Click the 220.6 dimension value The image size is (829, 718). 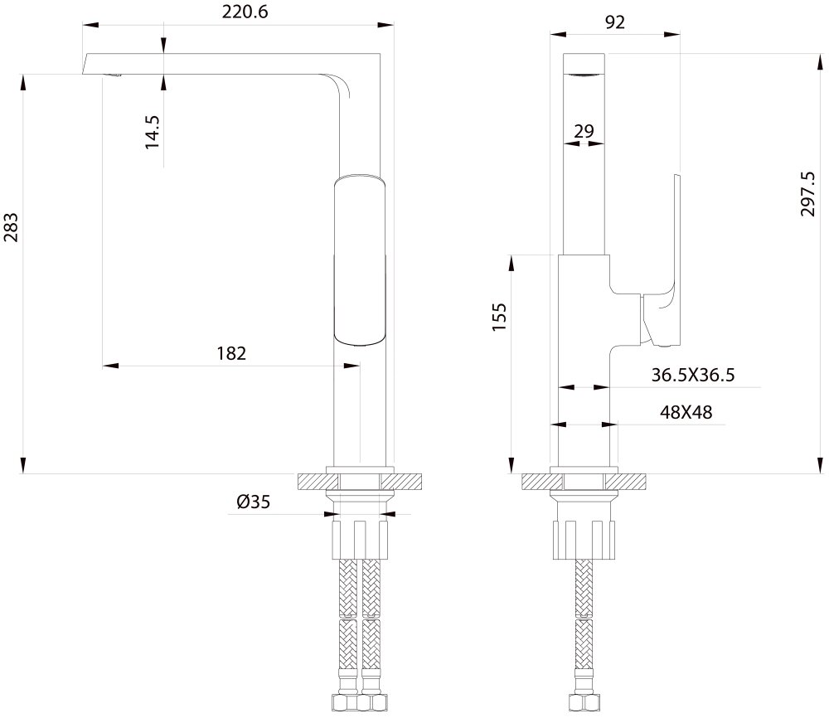coord(245,12)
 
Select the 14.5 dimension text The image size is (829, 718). coord(153,132)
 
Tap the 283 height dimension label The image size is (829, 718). coord(11,227)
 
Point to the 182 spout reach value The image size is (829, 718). coord(231,353)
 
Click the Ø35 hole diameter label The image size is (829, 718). coord(253,502)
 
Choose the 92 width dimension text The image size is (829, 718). coord(615,22)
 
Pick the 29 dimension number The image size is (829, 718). coord(584,131)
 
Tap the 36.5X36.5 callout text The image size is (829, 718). coord(692,375)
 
